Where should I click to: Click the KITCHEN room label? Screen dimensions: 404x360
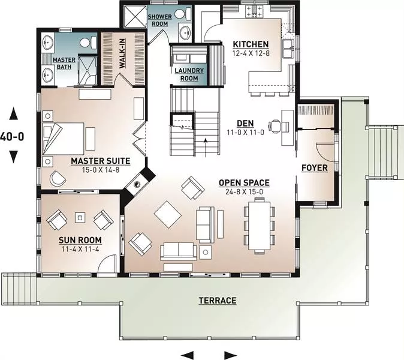[x=251, y=44]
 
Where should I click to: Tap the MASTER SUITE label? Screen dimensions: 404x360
[x=101, y=161]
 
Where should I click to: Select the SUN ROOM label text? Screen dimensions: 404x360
[x=80, y=240]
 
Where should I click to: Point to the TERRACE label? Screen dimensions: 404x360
[x=218, y=301]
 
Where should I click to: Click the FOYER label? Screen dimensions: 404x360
[x=315, y=168]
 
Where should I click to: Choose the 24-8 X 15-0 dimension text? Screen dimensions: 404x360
[x=244, y=192]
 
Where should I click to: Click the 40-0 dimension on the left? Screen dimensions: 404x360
[x=12, y=136]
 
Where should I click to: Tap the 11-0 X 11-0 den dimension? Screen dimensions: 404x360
[x=245, y=133]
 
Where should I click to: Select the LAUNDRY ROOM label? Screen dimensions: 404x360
[x=189, y=74]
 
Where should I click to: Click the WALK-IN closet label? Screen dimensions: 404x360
[x=122, y=53]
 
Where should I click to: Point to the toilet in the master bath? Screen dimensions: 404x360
[x=88, y=42]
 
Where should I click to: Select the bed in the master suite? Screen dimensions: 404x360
[x=63, y=139]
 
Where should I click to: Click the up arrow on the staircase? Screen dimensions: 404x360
[x=206, y=148]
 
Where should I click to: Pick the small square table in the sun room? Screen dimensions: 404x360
[x=80, y=218]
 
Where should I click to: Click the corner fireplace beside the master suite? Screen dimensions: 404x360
[x=138, y=183]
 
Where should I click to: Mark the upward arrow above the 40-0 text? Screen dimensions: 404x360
[x=13, y=114]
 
